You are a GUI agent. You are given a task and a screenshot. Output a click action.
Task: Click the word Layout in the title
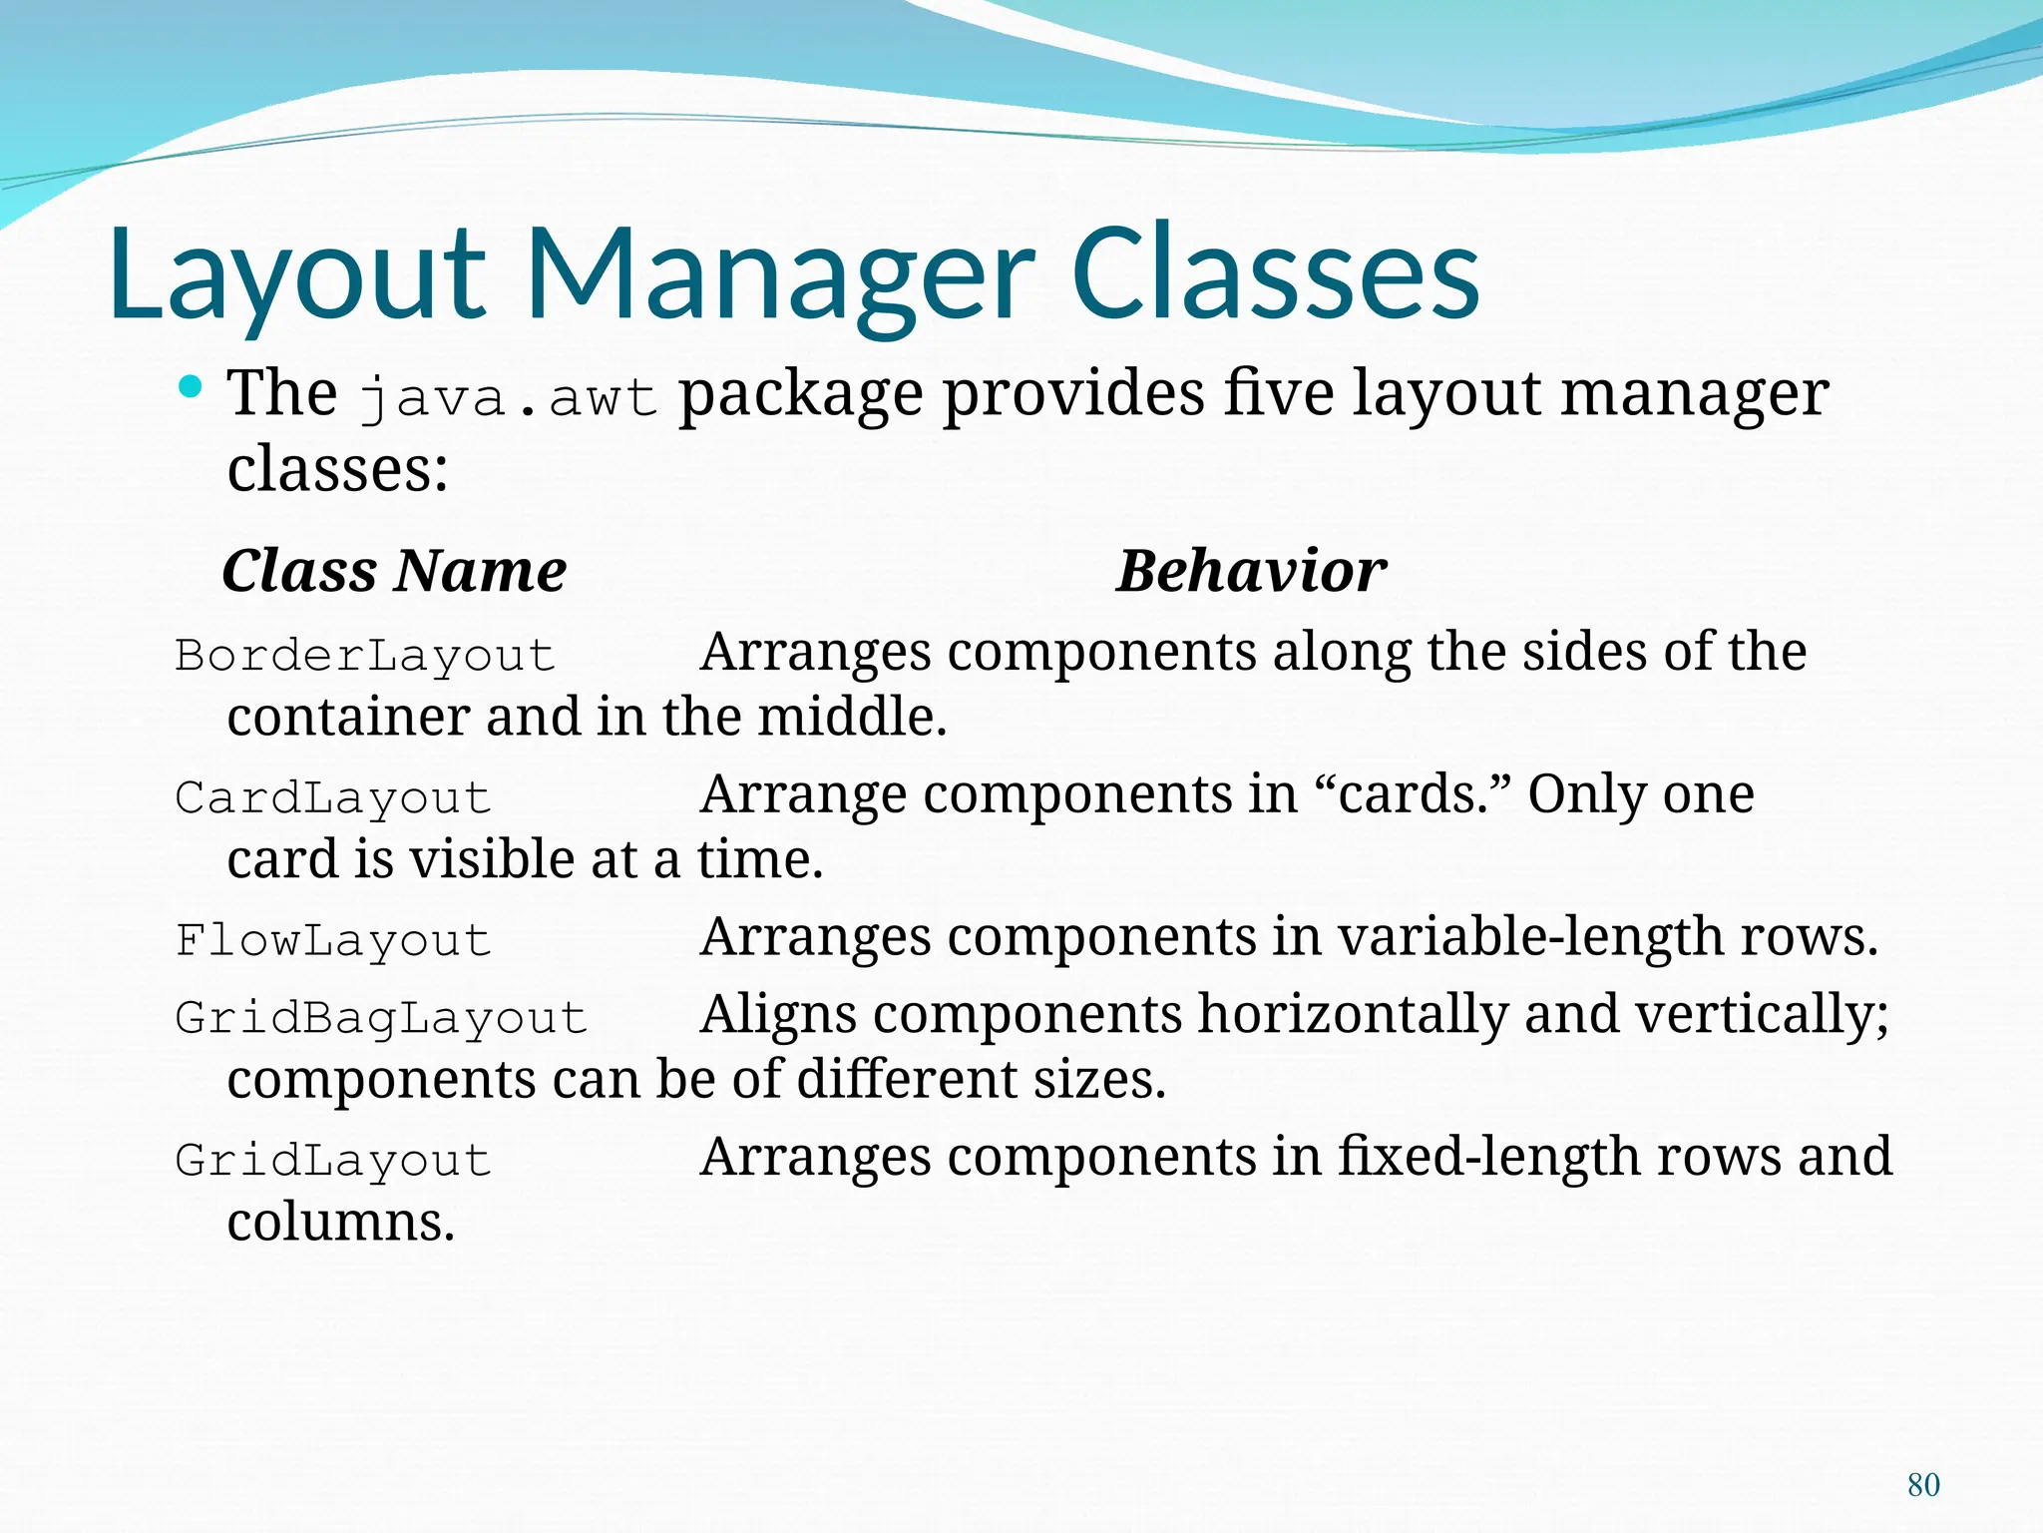(296, 274)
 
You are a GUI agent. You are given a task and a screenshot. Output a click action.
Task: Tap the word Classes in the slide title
(1275, 274)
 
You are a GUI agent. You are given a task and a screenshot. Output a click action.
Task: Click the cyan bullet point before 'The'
(191, 386)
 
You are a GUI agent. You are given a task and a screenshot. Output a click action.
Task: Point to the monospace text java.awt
(508, 397)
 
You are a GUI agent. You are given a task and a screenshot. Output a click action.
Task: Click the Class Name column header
(394, 571)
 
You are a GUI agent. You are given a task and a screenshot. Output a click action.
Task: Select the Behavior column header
(1251, 571)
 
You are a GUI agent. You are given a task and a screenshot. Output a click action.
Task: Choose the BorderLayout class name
(365, 656)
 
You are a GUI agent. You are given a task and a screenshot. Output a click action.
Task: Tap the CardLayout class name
(333, 798)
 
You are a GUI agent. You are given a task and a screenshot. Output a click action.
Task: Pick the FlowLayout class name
(333, 940)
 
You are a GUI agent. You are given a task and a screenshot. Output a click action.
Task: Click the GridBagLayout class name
(381, 1018)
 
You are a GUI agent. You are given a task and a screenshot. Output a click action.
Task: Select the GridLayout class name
(333, 1161)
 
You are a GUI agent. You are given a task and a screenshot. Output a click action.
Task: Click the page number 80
(1923, 1485)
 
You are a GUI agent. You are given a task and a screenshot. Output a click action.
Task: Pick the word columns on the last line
(340, 1223)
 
